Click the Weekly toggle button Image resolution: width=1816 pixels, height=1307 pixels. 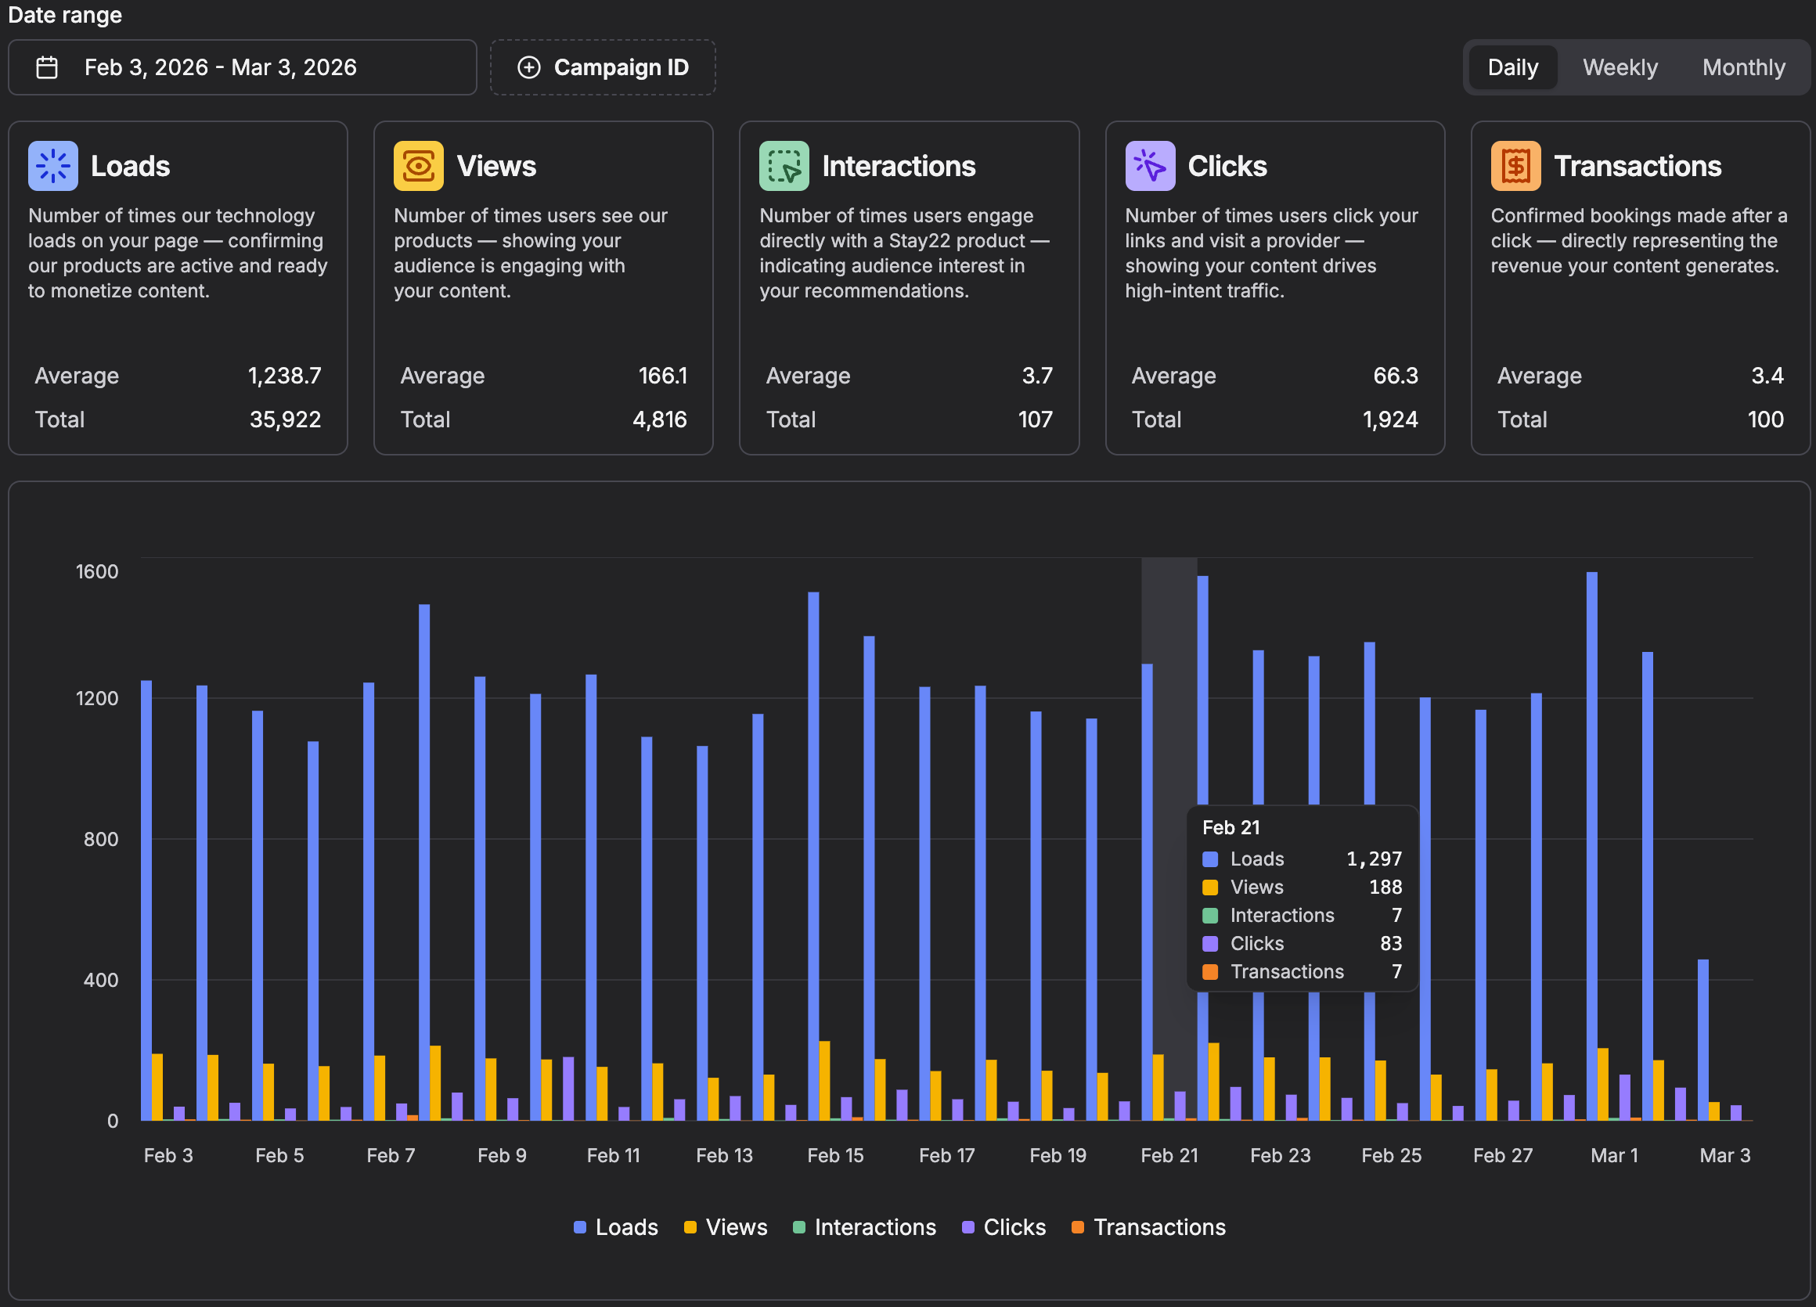(x=1620, y=67)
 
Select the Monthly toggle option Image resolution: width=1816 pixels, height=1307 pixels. (x=1743, y=67)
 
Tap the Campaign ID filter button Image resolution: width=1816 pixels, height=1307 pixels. (x=603, y=67)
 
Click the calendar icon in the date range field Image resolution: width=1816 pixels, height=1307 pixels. (x=47, y=67)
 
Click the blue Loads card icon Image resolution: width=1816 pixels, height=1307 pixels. (x=53, y=166)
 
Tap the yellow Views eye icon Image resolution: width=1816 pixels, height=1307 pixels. (x=418, y=166)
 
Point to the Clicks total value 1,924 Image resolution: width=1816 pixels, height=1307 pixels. (x=1390, y=419)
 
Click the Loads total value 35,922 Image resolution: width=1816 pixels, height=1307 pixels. (x=285, y=419)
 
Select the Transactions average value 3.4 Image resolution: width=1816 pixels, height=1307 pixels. (x=1767, y=376)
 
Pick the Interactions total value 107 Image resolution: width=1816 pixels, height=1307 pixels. (x=1036, y=419)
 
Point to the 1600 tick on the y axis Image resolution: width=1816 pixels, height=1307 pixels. (x=97, y=571)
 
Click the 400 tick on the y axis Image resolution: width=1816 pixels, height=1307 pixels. (x=101, y=980)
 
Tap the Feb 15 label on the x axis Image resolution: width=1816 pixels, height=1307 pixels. (x=835, y=1155)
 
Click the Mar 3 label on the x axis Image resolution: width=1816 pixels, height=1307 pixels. (x=1724, y=1155)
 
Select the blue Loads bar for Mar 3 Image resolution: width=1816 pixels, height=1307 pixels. (x=1702, y=1039)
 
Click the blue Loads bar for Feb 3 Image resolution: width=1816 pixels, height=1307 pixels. (x=146, y=900)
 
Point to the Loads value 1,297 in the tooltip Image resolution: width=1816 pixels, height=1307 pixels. (x=1374, y=859)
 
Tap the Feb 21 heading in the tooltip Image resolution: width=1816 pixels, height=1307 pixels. (x=1230, y=827)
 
